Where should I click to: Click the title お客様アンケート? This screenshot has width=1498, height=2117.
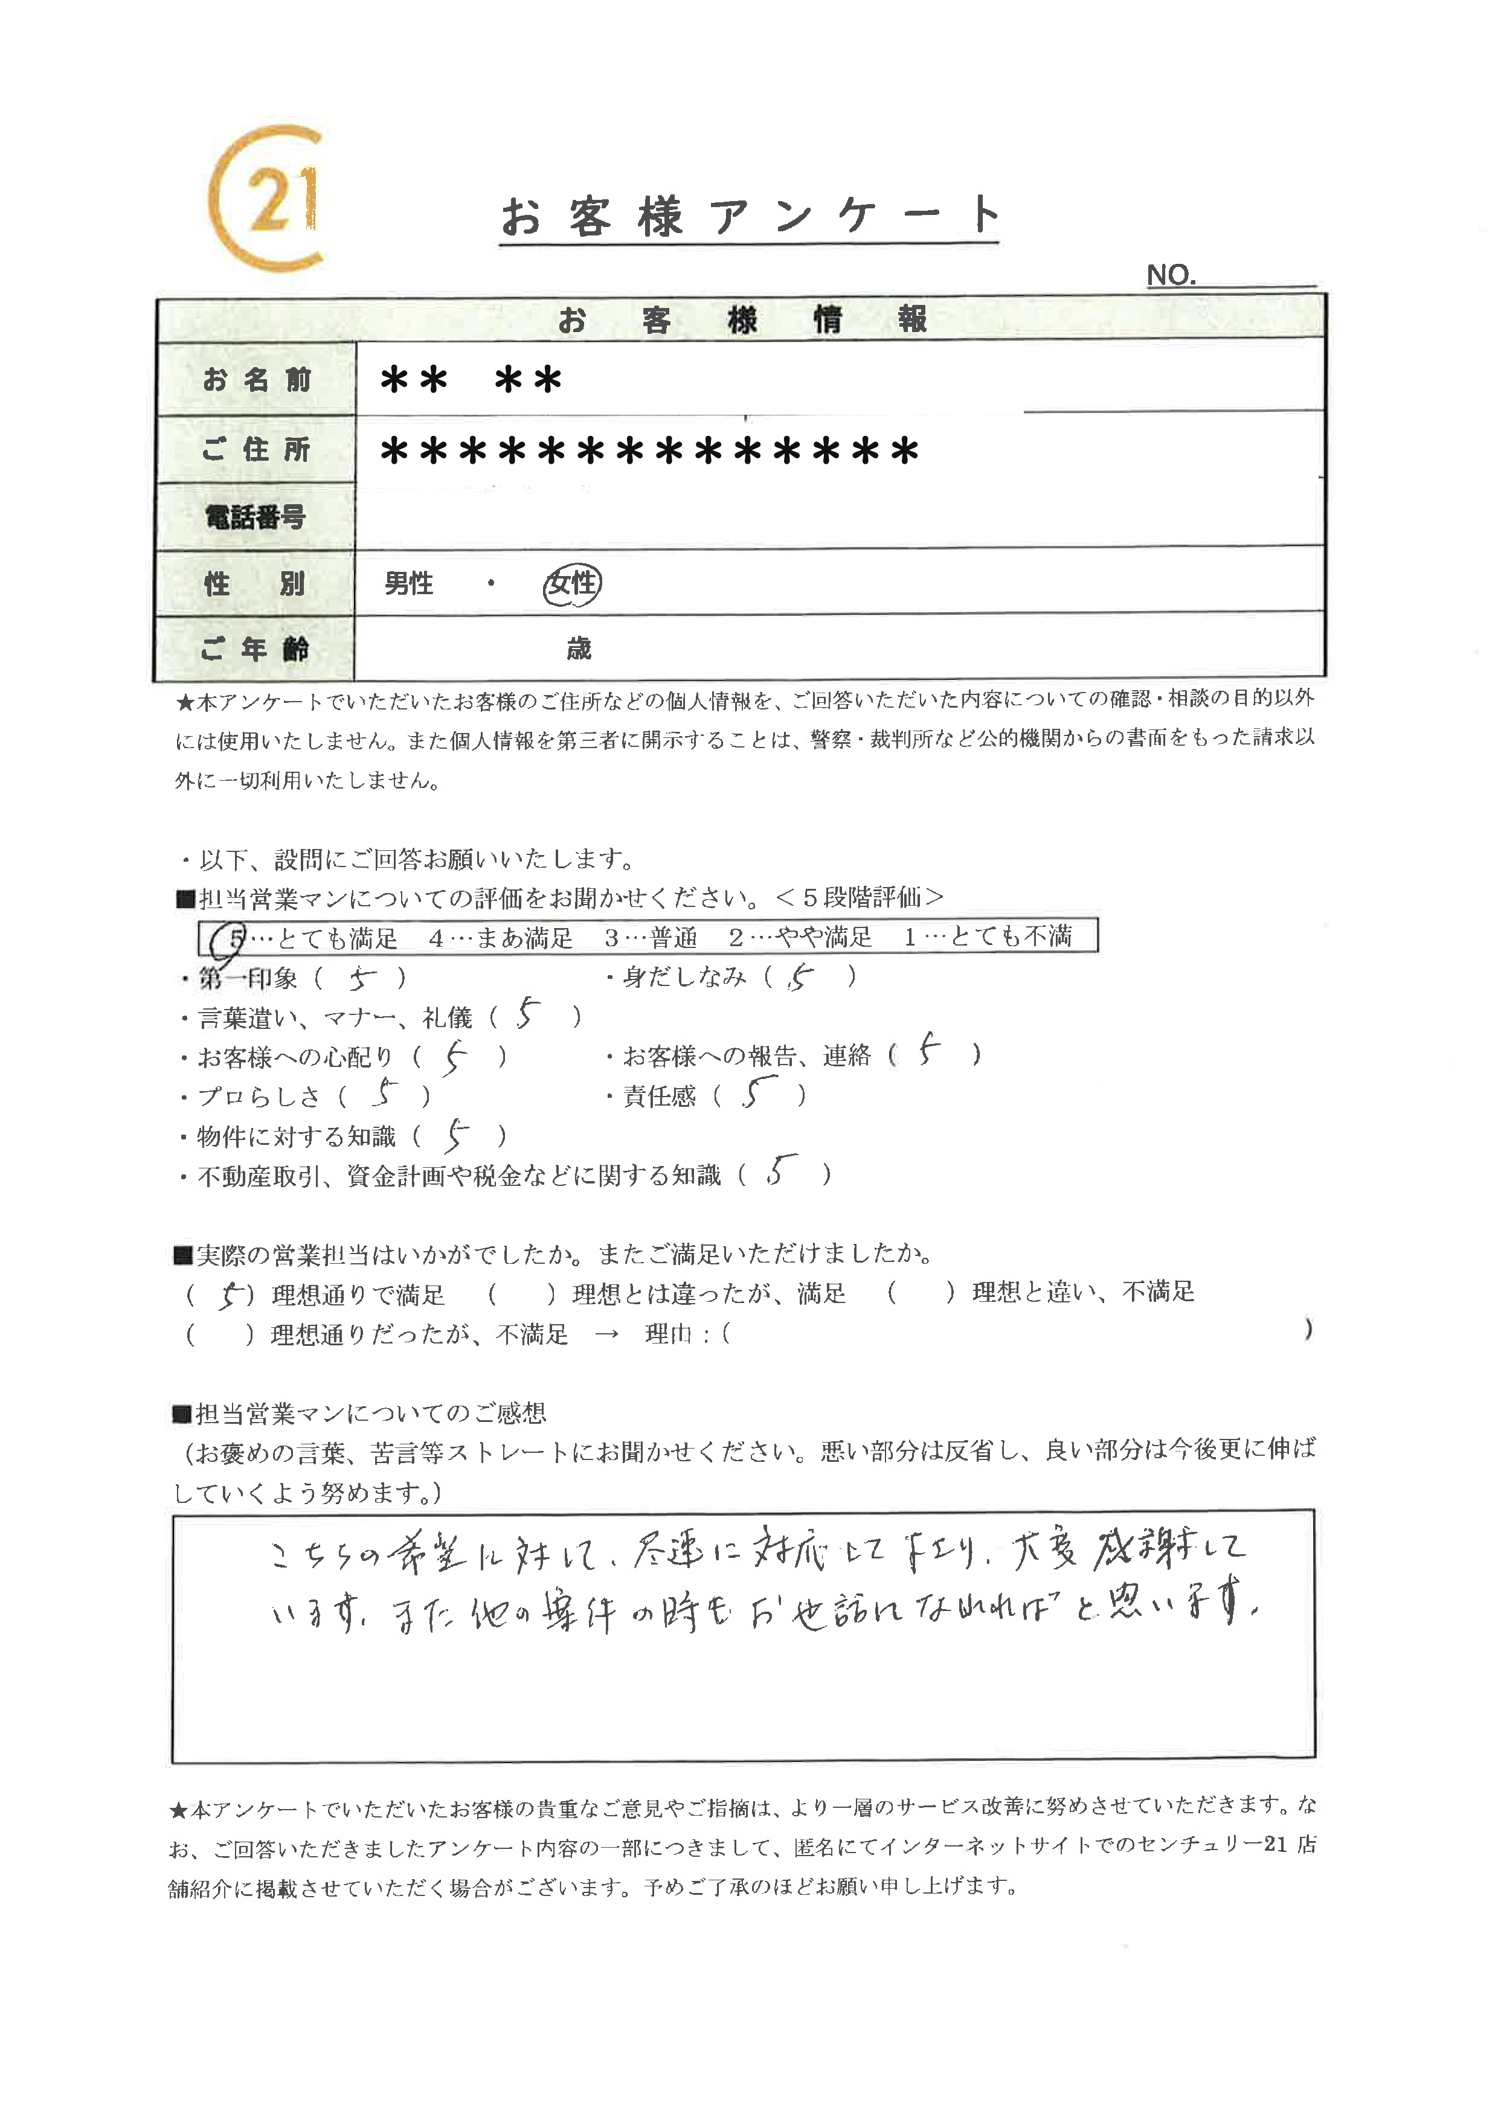pyautogui.click(x=749, y=217)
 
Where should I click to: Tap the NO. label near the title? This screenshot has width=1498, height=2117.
pyautogui.click(x=1171, y=275)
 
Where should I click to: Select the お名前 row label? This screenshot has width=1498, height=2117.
pyautogui.click(x=257, y=379)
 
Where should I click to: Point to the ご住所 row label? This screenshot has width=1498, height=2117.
pyautogui.click(x=257, y=449)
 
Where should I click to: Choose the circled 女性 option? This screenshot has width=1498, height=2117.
pyautogui.click(x=572, y=584)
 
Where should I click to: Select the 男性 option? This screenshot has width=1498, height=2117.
pyautogui.click(x=409, y=584)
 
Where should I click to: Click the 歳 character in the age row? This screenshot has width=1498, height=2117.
pyautogui.click(x=578, y=649)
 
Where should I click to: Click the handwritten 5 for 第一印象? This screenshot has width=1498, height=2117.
pyautogui.click(x=362, y=978)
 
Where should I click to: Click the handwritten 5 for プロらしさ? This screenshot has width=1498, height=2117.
pyautogui.click(x=385, y=1095)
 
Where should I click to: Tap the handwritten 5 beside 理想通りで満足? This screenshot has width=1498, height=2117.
pyautogui.click(x=231, y=1295)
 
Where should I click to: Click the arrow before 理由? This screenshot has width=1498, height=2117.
pyautogui.click(x=606, y=1335)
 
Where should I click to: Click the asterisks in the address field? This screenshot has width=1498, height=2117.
pyautogui.click(x=649, y=451)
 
